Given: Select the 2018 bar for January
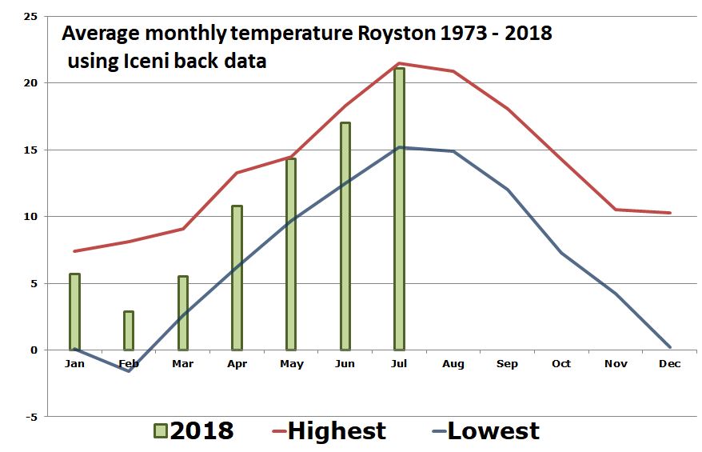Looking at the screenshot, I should pyautogui.click(x=74, y=312).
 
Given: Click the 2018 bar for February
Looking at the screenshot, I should pyautogui.click(x=128, y=330).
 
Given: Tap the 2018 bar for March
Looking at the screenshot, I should pyautogui.click(x=182, y=313).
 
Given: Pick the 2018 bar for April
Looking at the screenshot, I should pyautogui.click(x=237, y=278).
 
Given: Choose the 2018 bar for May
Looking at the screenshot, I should pyautogui.click(x=291, y=254).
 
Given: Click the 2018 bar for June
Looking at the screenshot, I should pyautogui.click(x=345, y=236).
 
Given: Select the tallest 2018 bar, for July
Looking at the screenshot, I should pyautogui.click(x=399, y=209).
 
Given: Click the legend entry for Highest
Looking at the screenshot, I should pyautogui.click(x=336, y=431).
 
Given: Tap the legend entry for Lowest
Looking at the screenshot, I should pyautogui.click(x=493, y=431).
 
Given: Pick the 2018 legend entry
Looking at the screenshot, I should pyautogui.click(x=200, y=431).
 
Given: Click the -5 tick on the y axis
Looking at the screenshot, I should pyautogui.click(x=30, y=417).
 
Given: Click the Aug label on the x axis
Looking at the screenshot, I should pyautogui.click(x=453, y=364).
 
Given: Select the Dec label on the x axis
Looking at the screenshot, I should pyautogui.click(x=669, y=364).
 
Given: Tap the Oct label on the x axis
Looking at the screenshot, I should pyautogui.click(x=561, y=364).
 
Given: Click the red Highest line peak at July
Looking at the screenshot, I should pyautogui.click(x=399, y=63).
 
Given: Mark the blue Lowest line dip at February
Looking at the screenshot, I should pyautogui.click(x=128, y=371).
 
